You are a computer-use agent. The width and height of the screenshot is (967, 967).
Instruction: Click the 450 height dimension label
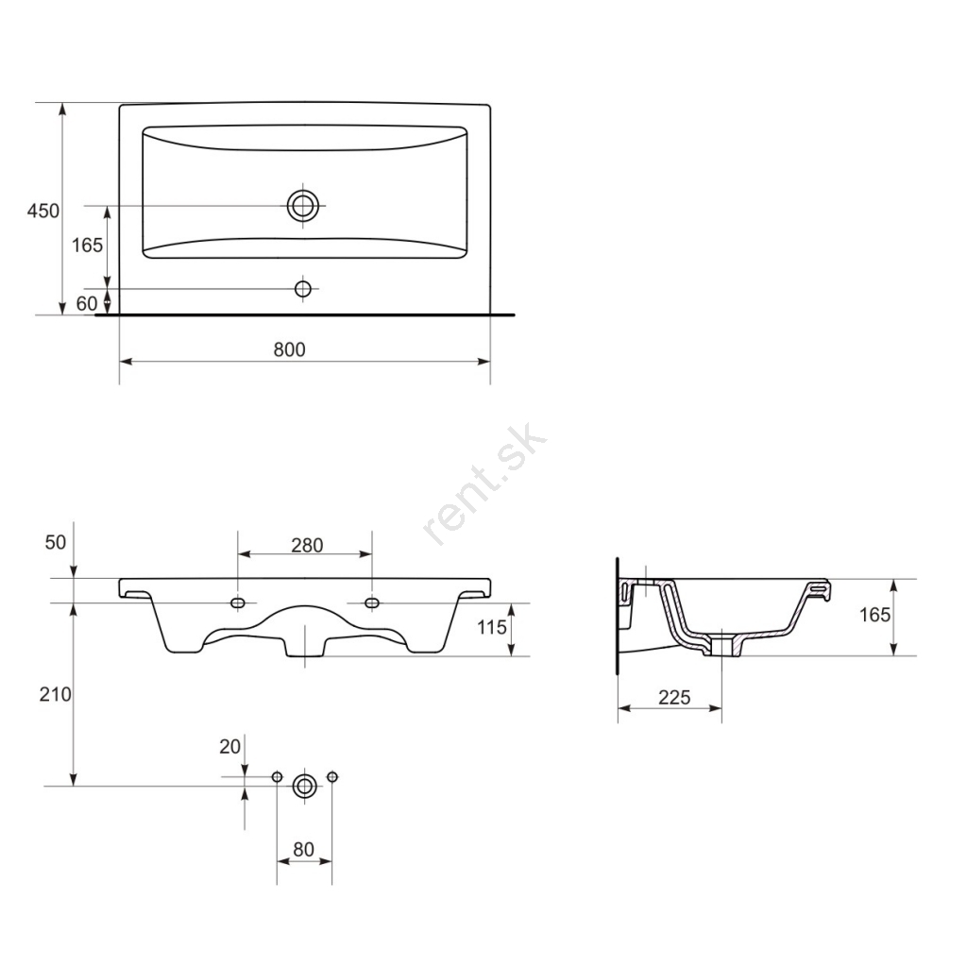tap(43, 211)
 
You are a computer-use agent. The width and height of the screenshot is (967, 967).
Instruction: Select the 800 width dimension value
tap(289, 349)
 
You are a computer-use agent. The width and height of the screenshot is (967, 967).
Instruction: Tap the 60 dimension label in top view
tap(87, 303)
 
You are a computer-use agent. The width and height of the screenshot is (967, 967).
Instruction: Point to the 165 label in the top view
tap(87, 246)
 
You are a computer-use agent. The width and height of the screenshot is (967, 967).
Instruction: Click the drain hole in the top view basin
tap(303, 205)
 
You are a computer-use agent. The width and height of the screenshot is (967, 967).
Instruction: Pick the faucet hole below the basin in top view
tap(303, 288)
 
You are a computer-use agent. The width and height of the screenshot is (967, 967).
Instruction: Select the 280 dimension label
tap(307, 545)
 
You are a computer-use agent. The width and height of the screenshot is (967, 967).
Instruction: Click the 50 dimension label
tap(56, 542)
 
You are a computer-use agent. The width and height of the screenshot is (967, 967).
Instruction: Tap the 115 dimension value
tap(491, 627)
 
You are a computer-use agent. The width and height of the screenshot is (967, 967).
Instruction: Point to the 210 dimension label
tap(56, 694)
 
